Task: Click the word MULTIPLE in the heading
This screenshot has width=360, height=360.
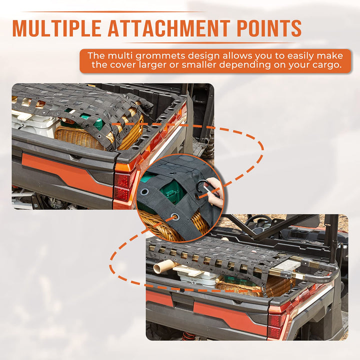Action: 56,28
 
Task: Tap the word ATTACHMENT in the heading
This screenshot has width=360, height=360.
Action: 169,28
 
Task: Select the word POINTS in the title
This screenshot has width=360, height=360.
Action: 269,28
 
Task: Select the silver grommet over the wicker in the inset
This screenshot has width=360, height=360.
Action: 175,216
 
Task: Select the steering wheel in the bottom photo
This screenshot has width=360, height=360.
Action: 260,221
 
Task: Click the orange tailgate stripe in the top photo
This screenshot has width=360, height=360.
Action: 66,174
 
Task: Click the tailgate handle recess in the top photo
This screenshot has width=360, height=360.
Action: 76,157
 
